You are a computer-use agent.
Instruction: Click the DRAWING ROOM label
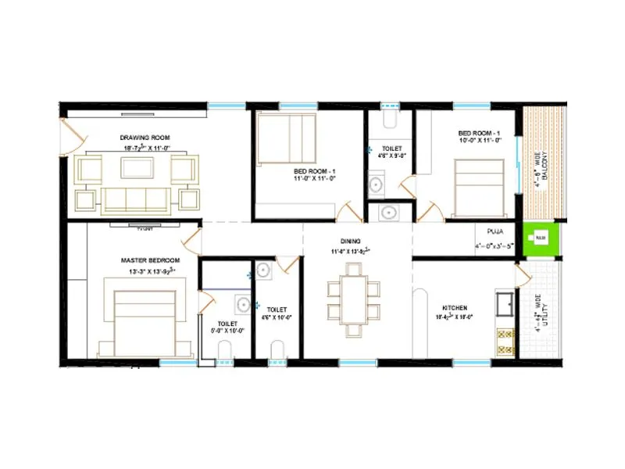click(x=145, y=137)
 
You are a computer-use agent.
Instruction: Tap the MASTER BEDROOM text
click(x=150, y=260)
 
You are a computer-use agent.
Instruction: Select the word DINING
click(x=350, y=242)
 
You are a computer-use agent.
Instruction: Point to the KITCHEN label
click(x=455, y=308)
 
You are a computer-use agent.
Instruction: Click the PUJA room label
click(x=495, y=232)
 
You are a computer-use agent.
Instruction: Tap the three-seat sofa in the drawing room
click(x=136, y=199)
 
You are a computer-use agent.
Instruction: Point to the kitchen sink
click(x=505, y=300)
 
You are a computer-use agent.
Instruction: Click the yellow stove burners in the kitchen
click(x=505, y=338)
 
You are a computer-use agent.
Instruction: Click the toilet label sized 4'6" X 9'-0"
click(x=393, y=152)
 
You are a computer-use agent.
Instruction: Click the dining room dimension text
click(x=350, y=252)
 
